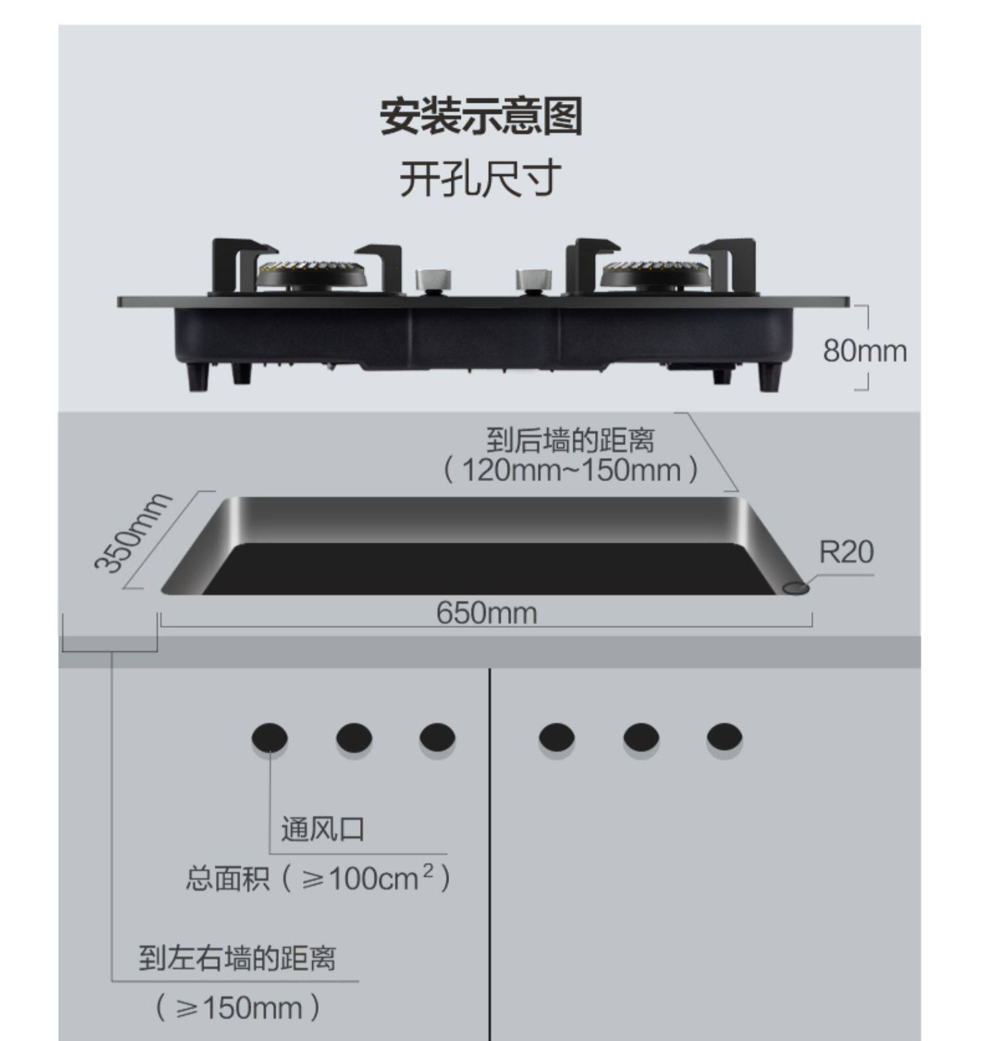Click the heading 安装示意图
pyautogui.click(x=481, y=116)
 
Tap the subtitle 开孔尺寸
pyautogui.click(x=481, y=178)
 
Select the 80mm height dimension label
pyautogui.click(x=864, y=351)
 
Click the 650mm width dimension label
pyautogui.click(x=486, y=613)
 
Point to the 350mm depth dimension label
pyautogui.click(x=133, y=533)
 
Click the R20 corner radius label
pyautogui.click(x=846, y=552)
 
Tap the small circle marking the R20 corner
pyautogui.click(x=796, y=588)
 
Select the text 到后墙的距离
pyautogui.click(x=570, y=440)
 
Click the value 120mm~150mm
pyautogui.click(x=571, y=470)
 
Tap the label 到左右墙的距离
pyautogui.click(x=237, y=959)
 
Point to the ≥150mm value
pyautogui.click(x=238, y=1007)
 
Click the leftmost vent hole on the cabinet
pyautogui.click(x=269, y=737)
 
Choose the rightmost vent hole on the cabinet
pyautogui.click(x=724, y=737)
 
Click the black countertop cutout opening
pyautogui.click(x=488, y=569)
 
